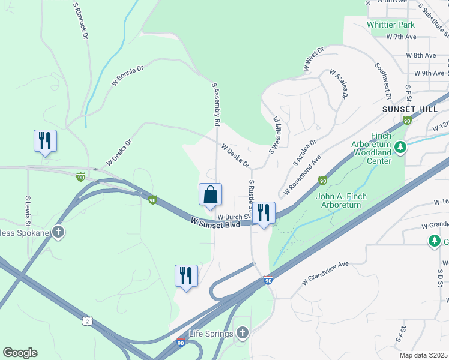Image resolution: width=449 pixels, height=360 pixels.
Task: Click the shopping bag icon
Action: point(210,195)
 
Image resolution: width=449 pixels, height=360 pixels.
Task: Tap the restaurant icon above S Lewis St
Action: point(45,141)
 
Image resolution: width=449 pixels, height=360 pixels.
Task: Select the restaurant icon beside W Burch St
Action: point(264,213)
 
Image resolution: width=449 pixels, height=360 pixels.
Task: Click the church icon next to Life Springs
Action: point(242,332)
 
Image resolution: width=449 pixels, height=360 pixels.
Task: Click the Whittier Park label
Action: point(391,25)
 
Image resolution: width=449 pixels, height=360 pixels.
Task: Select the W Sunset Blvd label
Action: point(215,223)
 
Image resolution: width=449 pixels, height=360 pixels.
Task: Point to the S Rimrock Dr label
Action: point(80,20)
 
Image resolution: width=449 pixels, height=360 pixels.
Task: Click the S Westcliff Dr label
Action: point(276,135)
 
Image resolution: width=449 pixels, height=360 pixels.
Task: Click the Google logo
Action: point(20,353)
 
